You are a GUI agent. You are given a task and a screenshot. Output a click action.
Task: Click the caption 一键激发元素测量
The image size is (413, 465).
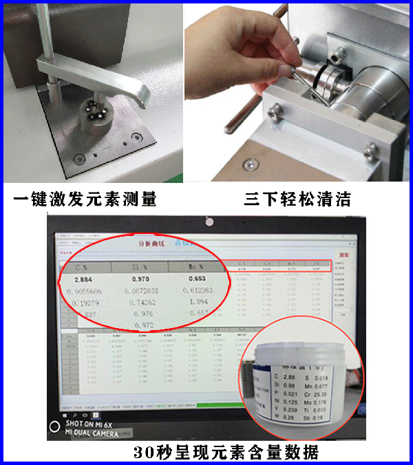[x=85, y=199]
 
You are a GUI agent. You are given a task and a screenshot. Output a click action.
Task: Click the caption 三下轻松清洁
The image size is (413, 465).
[x=297, y=199]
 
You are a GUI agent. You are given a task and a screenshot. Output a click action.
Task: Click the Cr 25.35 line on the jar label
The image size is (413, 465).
[x=317, y=395]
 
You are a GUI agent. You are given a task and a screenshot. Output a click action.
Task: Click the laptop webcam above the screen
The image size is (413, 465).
[x=207, y=223]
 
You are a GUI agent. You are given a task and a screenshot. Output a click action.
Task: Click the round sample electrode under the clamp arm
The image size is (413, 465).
[x=94, y=111]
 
